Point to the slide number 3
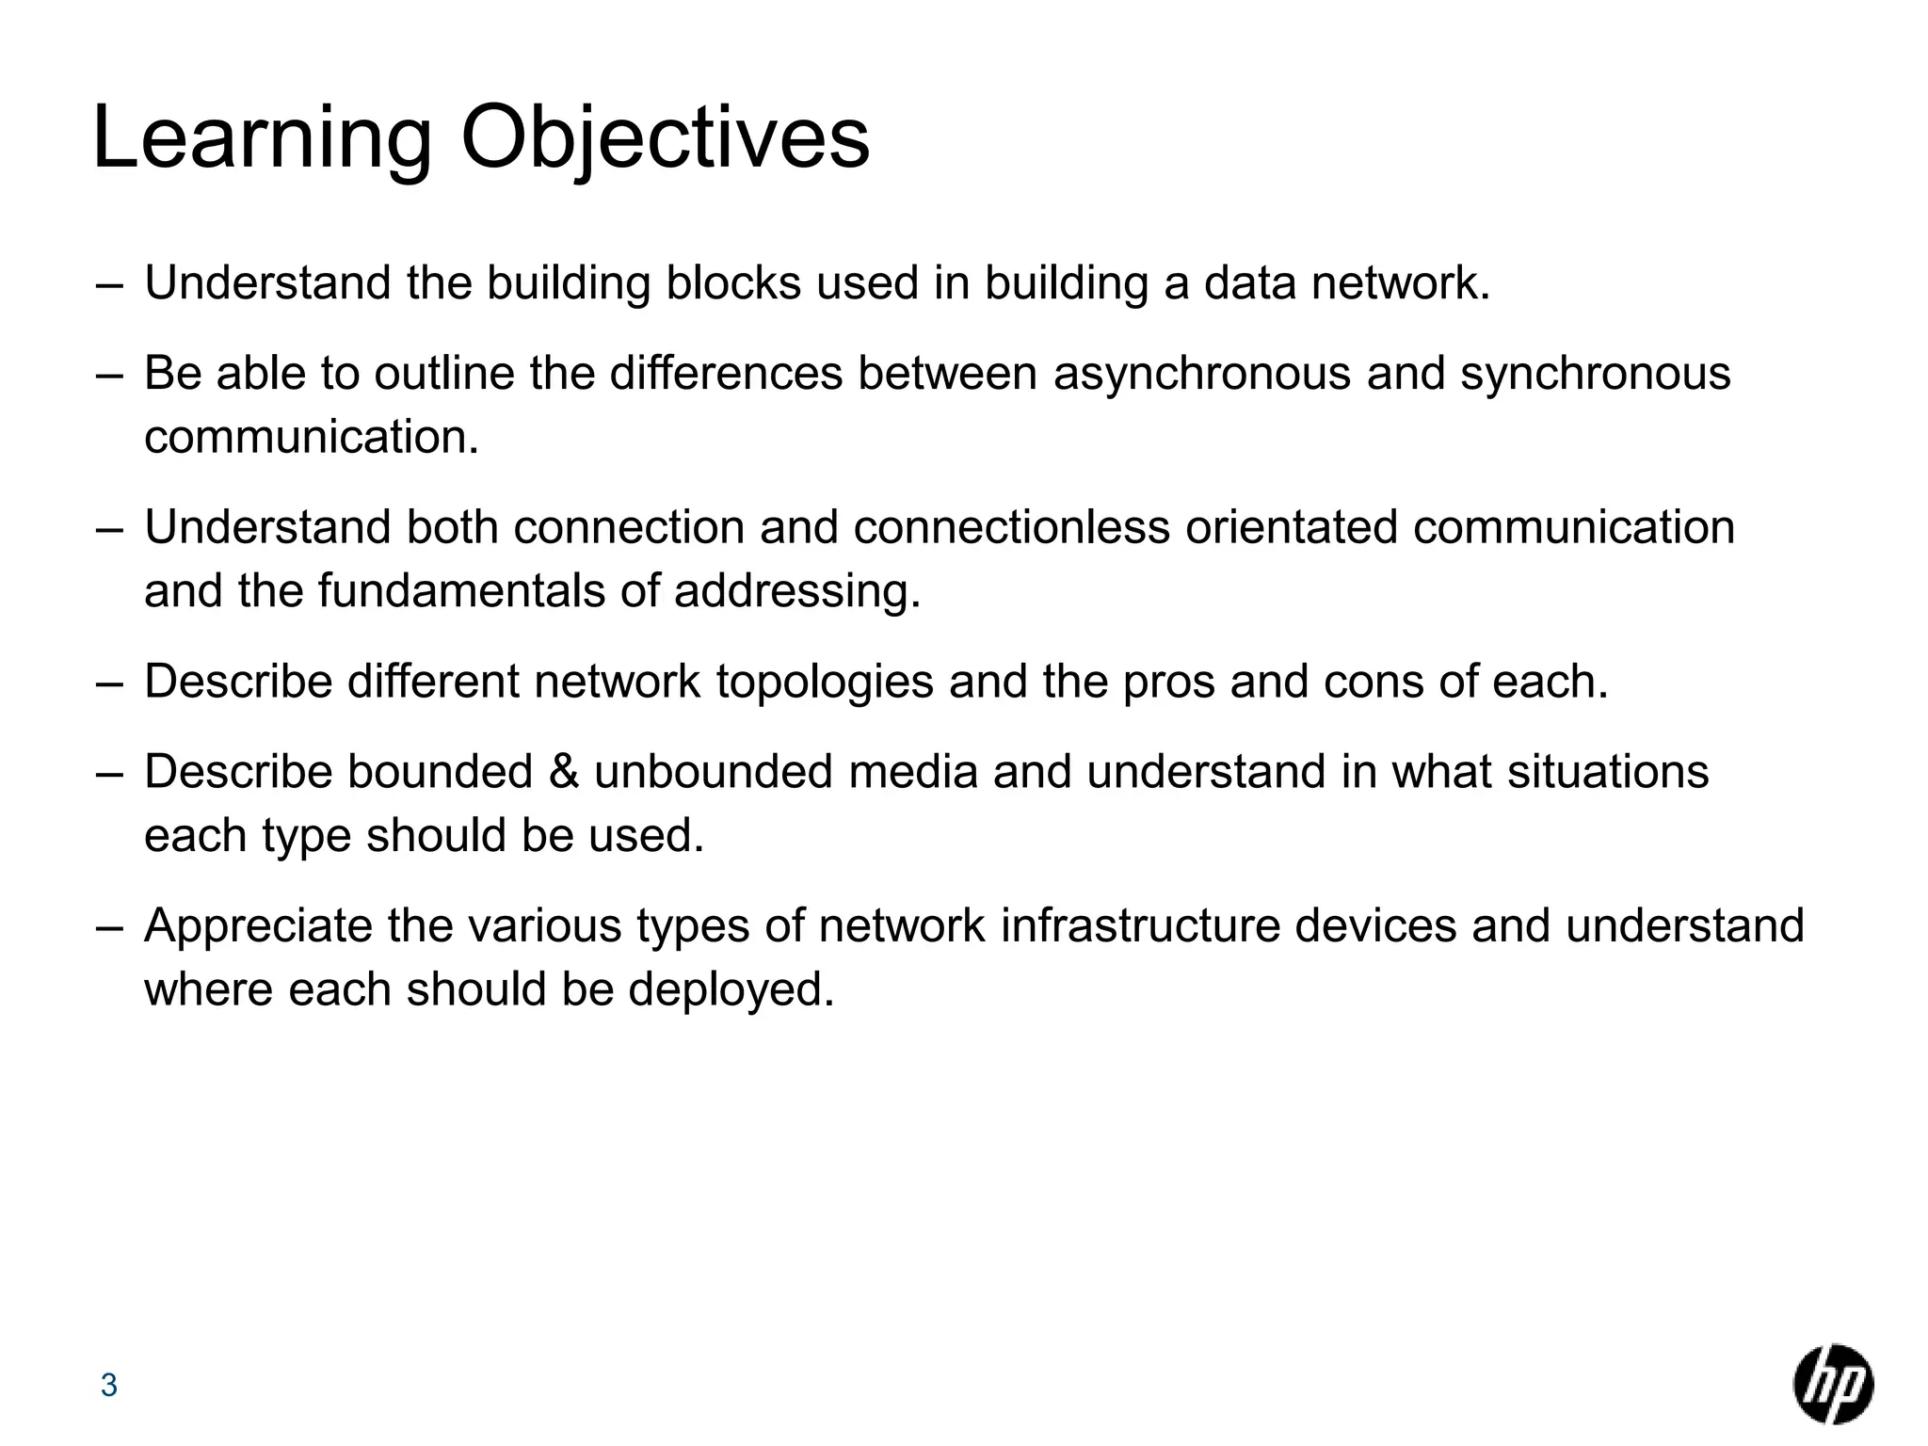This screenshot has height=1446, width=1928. (x=109, y=1386)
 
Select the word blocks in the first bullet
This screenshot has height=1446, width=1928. (x=733, y=283)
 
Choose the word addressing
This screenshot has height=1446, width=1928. (x=796, y=592)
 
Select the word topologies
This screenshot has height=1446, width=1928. (x=825, y=683)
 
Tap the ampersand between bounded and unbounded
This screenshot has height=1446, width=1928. (x=563, y=772)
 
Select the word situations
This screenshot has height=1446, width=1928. (x=1607, y=772)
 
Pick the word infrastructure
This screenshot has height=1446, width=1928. (x=1140, y=926)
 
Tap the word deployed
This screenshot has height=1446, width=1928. (x=731, y=990)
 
